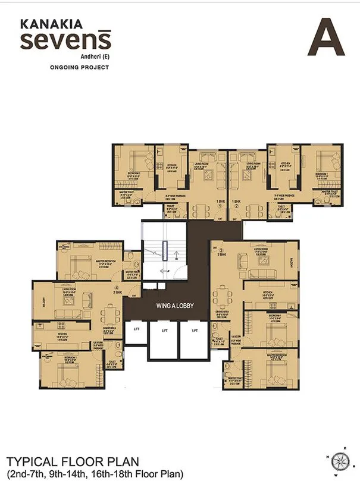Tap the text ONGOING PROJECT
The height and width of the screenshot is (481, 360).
(x=71, y=67)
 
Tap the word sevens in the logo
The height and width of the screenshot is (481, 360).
(x=65, y=42)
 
